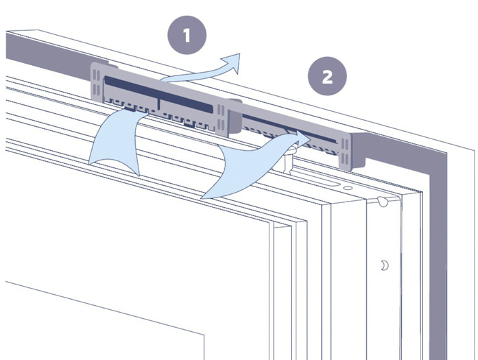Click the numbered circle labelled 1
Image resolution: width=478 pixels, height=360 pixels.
[x=187, y=35]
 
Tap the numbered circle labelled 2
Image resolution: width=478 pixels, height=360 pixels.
[x=327, y=76]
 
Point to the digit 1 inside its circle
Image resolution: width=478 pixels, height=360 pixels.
[x=187, y=36]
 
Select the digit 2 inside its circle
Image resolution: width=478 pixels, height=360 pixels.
[x=327, y=77]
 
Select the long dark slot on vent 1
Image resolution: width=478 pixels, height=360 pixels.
[x=158, y=93]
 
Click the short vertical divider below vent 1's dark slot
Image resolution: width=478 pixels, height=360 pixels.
[x=158, y=104]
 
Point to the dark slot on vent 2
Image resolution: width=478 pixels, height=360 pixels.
[x=289, y=128]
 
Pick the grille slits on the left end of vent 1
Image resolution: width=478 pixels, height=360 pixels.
[x=96, y=82]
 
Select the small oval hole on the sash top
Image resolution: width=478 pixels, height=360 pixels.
[x=348, y=188]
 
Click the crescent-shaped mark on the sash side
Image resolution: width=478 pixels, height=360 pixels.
[x=385, y=265]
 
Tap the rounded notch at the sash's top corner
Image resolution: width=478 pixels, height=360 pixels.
[x=383, y=202]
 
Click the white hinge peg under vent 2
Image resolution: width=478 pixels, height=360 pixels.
[x=288, y=158]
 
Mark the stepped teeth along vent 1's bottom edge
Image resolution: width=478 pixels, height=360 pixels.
[x=158, y=115]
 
